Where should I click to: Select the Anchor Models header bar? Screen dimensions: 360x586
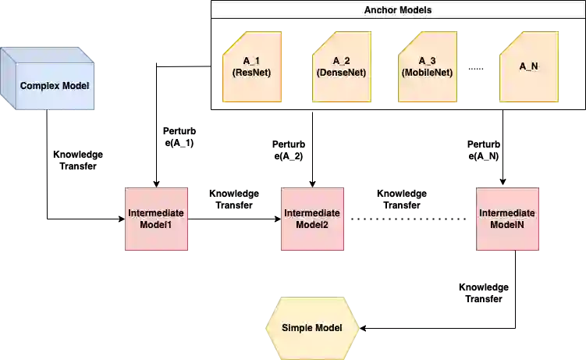tap(397, 10)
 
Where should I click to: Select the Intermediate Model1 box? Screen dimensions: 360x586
tap(157, 219)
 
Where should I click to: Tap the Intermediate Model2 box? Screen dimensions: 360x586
tap(312, 219)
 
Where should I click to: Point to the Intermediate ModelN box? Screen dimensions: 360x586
tap(507, 219)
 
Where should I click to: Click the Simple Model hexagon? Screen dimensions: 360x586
tap(312, 327)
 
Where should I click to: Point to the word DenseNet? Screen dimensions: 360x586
tap(342, 73)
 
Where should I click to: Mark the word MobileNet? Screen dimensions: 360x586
tap(427, 73)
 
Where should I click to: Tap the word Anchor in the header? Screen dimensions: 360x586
tap(381, 10)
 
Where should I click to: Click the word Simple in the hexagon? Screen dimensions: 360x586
tap(297, 327)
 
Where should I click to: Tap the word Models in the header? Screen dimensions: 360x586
tap(414, 10)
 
